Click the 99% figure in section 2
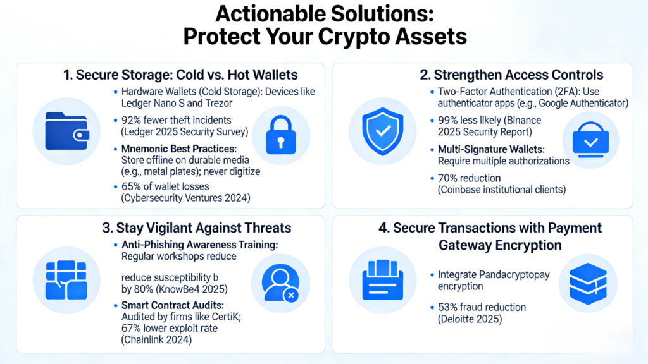(448, 120)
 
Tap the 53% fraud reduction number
(447, 307)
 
